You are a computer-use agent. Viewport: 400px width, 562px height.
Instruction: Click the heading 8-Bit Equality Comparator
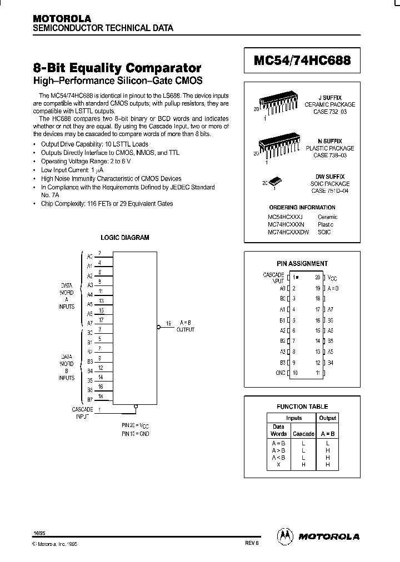117,68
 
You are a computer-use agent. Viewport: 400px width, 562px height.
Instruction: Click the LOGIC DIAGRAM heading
124,238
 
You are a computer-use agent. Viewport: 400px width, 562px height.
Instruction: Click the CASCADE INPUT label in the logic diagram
82,412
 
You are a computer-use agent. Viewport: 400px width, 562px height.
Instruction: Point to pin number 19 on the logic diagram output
169,322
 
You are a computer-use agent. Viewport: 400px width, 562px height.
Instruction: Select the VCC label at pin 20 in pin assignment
331,277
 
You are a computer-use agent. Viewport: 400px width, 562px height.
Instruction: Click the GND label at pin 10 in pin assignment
281,373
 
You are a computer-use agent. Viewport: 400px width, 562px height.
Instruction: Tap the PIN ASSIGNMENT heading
302,264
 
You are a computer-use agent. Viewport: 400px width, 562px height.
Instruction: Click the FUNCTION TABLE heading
302,407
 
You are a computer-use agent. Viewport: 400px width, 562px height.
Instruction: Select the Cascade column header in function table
303,434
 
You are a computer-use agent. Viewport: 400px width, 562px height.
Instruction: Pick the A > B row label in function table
278,450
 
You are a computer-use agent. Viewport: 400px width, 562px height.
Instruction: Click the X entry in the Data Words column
278,464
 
